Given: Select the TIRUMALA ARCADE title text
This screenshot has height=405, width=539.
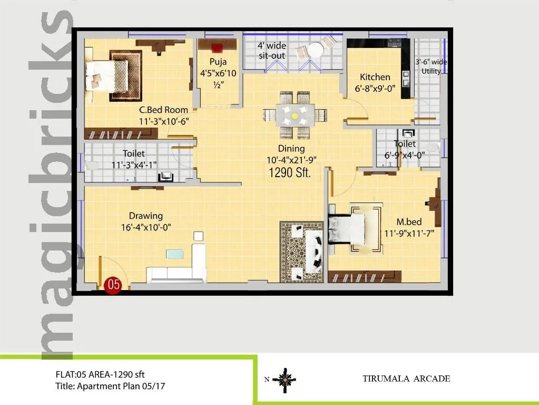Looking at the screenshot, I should pyautogui.click(x=406, y=379).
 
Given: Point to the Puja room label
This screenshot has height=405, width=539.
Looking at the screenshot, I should pyautogui.click(x=218, y=62).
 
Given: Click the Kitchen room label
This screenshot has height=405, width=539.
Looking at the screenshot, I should pyautogui.click(x=375, y=77).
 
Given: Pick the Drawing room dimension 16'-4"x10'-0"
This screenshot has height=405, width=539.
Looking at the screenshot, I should pyautogui.click(x=146, y=227).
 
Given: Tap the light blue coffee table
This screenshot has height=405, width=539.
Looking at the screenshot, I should pyautogui.click(x=175, y=254).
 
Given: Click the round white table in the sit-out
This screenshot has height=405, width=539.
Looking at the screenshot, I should pyautogui.click(x=316, y=51).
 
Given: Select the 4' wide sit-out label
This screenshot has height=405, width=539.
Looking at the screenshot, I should pyautogui.click(x=271, y=50).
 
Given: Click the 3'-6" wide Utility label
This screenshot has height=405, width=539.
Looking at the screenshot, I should pyautogui.click(x=430, y=66).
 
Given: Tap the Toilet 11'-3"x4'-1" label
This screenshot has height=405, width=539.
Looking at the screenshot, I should pyautogui.click(x=134, y=159).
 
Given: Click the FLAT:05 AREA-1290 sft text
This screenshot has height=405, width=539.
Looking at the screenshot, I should pyautogui.click(x=100, y=375).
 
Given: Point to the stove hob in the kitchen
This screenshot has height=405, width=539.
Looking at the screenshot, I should pyautogui.click(x=394, y=43).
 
